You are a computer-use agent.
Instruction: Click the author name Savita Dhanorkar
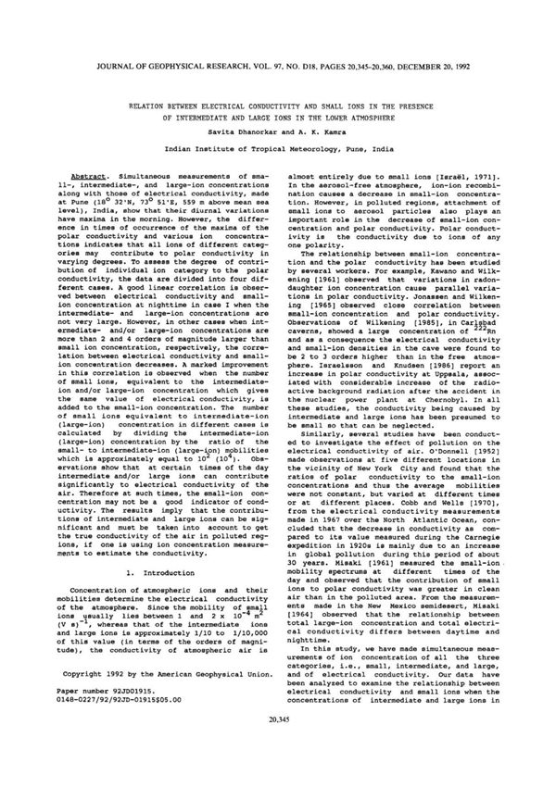pyautogui.click(x=240, y=132)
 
